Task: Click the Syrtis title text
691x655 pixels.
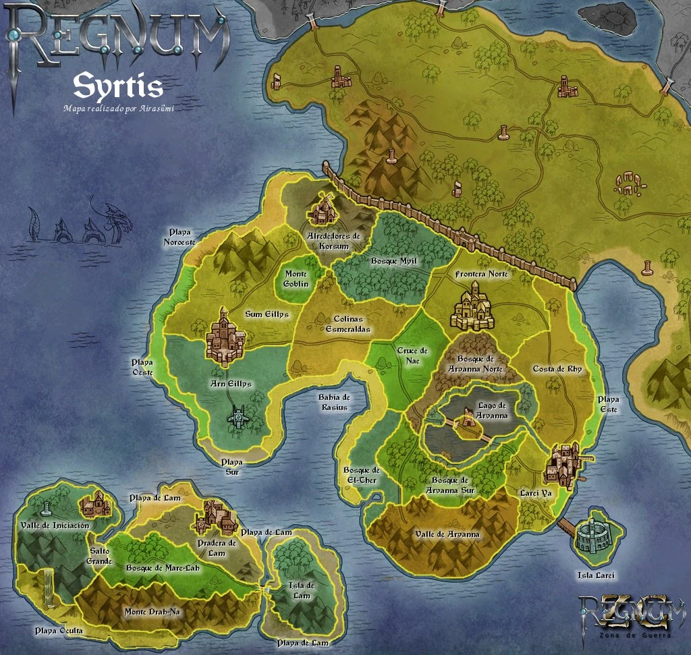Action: pos(117,86)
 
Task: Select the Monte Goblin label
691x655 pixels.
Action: pos(296,279)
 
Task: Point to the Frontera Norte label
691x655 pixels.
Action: pos(481,275)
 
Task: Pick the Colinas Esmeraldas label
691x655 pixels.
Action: pos(348,324)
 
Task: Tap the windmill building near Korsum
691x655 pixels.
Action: pos(323,210)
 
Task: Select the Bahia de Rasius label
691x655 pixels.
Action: pos(334,402)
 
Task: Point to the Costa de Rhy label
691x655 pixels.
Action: pos(557,369)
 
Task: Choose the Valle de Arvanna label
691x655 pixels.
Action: pos(447,534)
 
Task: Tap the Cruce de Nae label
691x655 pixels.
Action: pos(412,355)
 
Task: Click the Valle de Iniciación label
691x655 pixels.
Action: pos(55,525)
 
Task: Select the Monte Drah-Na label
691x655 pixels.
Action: pos(153,612)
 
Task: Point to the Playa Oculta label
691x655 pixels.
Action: pos(59,631)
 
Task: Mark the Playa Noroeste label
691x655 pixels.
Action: pos(182,237)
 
